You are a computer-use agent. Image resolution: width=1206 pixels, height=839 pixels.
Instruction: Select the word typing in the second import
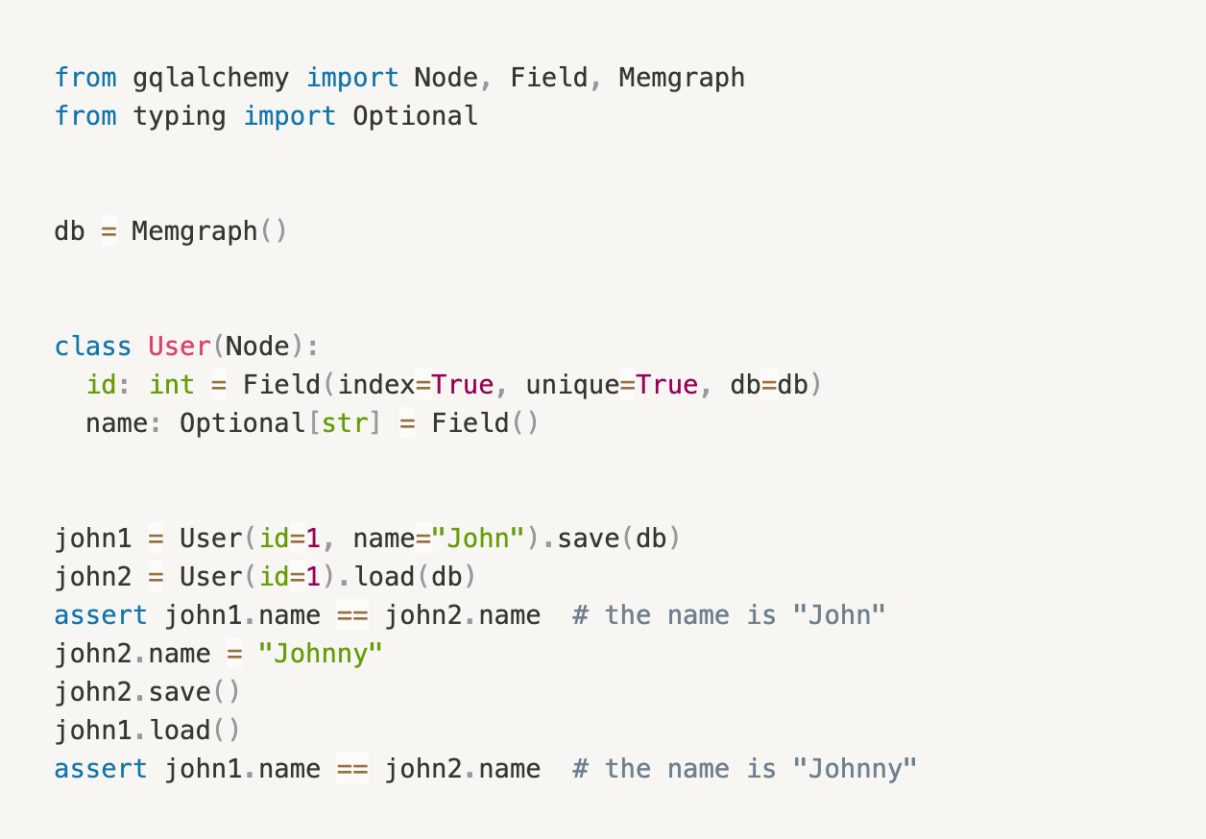[x=180, y=116]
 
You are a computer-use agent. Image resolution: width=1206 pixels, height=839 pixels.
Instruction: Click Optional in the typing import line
[x=415, y=116]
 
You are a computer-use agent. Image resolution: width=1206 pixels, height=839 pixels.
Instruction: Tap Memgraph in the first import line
[x=681, y=77]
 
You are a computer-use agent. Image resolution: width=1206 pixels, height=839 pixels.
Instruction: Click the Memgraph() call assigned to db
[x=208, y=231]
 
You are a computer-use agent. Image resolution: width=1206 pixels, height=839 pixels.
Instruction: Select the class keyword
[x=93, y=347]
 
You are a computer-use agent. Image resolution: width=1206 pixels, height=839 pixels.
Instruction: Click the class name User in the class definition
[x=179, y=347]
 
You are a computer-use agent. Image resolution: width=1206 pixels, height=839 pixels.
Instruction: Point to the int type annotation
[x=172, y=385]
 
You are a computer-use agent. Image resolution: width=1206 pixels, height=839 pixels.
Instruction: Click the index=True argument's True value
[x=462, y=385]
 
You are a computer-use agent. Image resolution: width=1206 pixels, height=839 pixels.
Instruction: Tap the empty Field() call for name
[x=485, y=423]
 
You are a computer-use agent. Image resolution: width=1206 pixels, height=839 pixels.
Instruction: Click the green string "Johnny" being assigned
[x=321, y=654]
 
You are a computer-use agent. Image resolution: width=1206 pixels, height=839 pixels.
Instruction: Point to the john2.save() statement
[x=146, y=692]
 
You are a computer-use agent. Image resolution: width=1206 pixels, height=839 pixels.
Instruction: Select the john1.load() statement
[x=146, y=731]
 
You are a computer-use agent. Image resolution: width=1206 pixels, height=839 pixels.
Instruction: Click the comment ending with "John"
[x=729, y=615]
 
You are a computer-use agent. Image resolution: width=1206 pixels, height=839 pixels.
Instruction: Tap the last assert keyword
[x=101, y=769]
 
